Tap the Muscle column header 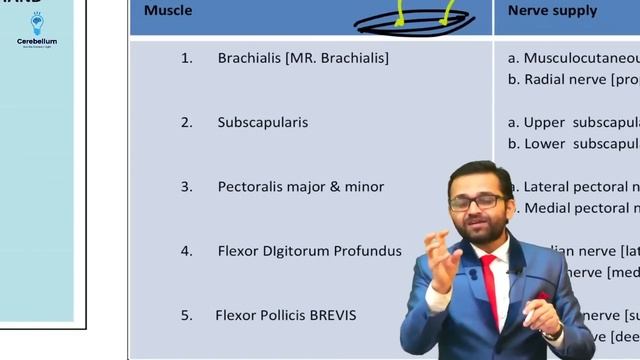(167, 11)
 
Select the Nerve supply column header (552, 11)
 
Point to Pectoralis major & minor (300, 187)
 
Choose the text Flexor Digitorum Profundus (309, 251)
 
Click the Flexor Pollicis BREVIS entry (285, 315)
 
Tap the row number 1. (186, 58)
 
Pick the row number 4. (186, 251)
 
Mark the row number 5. (186, 315)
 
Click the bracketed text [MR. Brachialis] (337, 58)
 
